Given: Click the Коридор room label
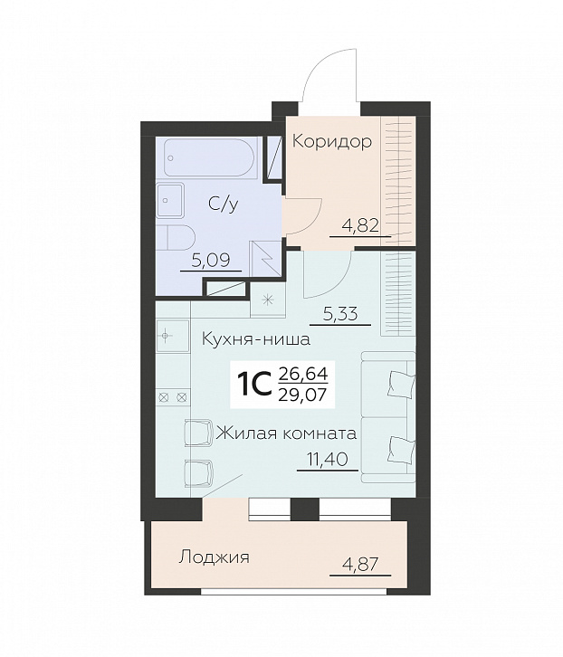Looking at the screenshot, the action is (x=331, y=141).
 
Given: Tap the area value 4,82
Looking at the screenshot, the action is (x=360, y=225).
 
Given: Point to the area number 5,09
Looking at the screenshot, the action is (x=211, y=261).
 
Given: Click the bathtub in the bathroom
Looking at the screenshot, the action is (x=209, y=157).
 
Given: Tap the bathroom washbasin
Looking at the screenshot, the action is (x=170, y=200).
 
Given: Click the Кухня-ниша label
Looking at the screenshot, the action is (x=256, y=339).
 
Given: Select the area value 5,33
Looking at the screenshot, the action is (x=340, y=314).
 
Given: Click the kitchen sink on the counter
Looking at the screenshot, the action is (x=172, y=336).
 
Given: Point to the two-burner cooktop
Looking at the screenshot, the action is (x=173, y=396).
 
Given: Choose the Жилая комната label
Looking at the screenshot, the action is (x=286, y=433).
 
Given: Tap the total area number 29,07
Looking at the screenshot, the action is (x=302, y=395).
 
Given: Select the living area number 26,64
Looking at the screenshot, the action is (x=302, y=373).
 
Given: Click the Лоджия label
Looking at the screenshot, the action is (x=215, y=557).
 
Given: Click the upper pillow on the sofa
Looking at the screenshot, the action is (x=401, y=382).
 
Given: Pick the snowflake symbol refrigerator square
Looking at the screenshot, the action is (x=268, y=300).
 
